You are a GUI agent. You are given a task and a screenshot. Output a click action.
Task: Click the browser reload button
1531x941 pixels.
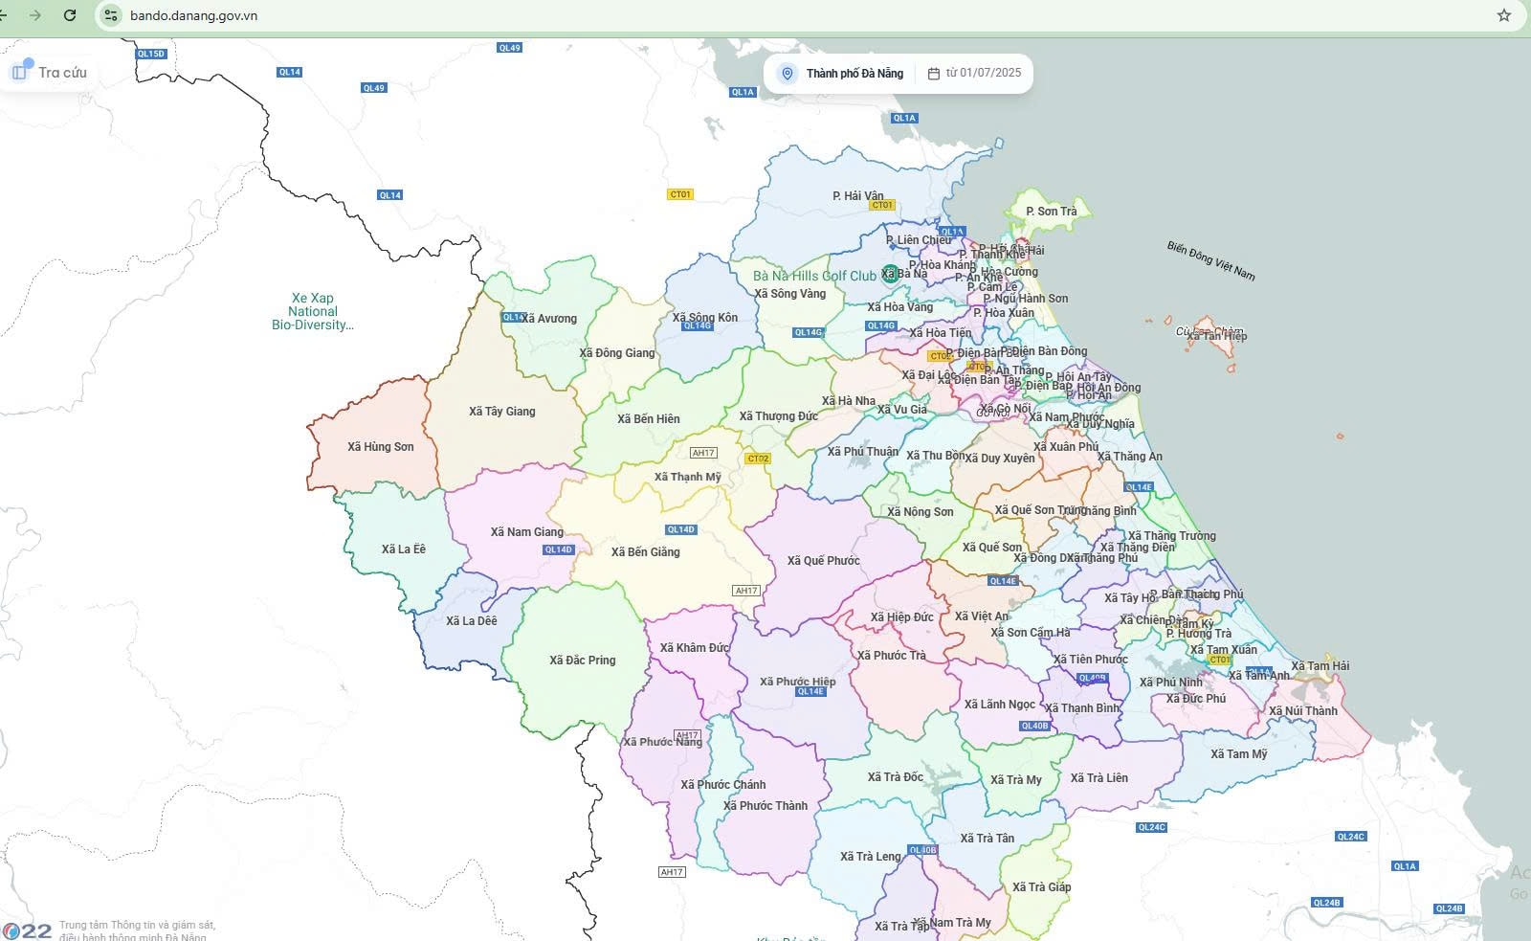(x=70, y=15)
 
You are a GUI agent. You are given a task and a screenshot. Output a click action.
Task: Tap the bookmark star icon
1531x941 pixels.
(x=1504, y=15)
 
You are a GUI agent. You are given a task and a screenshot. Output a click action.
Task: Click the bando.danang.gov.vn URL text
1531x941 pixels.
(x=193, y=15)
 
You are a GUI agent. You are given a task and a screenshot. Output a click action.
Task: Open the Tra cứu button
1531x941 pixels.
(x=49, y=73)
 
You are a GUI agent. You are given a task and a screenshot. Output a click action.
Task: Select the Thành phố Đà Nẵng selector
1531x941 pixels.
(x=842, y=74)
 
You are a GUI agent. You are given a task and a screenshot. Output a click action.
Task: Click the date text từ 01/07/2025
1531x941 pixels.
(x=975, y=73)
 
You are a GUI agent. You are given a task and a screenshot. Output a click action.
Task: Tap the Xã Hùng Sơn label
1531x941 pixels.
(x=381, y=447)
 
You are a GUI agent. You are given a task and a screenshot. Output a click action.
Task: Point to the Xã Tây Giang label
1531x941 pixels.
(x=502, y=412)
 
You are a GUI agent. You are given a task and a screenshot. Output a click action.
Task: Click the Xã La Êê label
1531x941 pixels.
(x=404, y=549)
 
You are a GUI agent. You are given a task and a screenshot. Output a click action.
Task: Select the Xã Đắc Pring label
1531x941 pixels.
(x=583, y=661)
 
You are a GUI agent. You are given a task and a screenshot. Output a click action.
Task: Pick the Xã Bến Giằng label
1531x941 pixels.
(x=646, y=552)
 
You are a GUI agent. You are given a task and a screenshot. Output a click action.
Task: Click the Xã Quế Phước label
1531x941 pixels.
(x=824, y=561)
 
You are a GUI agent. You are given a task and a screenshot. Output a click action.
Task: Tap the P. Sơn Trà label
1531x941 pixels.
(x=1052, y=212)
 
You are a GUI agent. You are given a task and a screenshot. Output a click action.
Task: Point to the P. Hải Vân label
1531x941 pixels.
(x=858, y=196)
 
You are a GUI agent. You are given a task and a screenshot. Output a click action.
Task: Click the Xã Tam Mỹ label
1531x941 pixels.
(x=1239, y=754)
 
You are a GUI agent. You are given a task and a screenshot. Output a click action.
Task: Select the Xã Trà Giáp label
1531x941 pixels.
(x=1042, y=887)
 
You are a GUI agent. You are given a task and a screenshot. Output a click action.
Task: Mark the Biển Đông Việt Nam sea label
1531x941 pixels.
(x=1210, y=260)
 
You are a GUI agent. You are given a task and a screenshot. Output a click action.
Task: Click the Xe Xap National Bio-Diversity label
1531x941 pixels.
(x=313, y=311)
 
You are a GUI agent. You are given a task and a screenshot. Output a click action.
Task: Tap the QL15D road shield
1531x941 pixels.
(x=151, y=54)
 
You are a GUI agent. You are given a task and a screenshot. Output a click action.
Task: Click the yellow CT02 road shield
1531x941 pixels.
(x=758, y=459)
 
